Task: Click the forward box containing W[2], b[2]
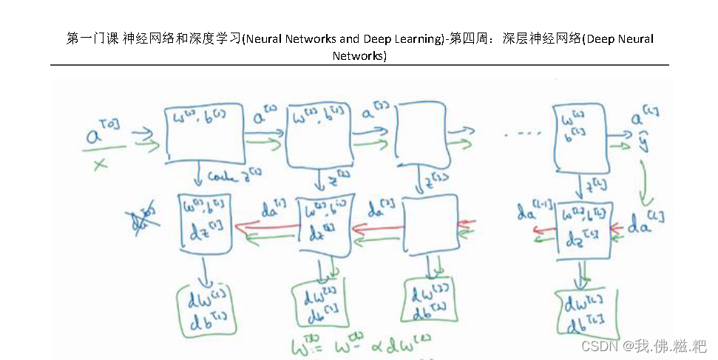[319, 135]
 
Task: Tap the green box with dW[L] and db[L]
[586, 313]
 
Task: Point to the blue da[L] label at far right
[646, 225]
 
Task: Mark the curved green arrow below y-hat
[646, 181]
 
